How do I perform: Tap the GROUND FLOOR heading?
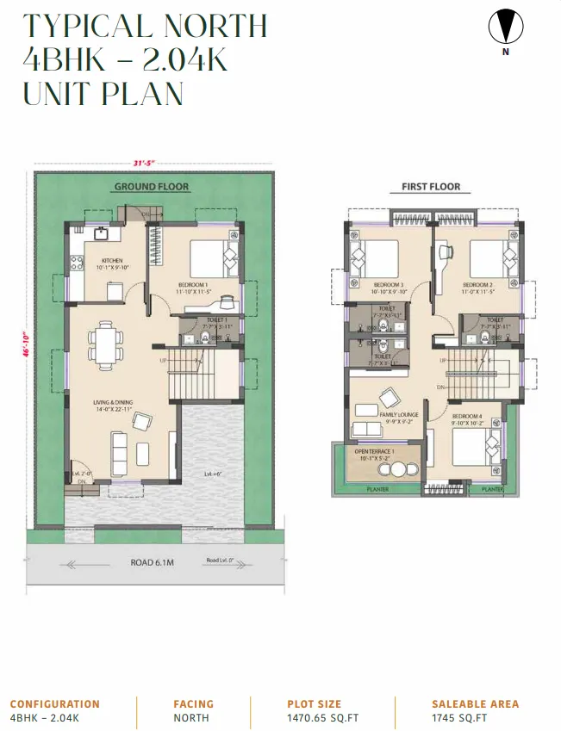(152, 187)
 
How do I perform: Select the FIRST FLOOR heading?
(431, 187)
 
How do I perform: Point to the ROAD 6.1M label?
(153, 562)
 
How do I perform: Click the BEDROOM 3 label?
(389, 285)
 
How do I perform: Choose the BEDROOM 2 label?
(477, 285)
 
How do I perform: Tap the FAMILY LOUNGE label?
(398, 415)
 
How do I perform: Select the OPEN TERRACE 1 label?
(375, 452)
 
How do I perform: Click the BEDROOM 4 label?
(471, 418)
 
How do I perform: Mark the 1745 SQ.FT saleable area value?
(459, 718)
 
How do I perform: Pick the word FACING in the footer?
(193, 703)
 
